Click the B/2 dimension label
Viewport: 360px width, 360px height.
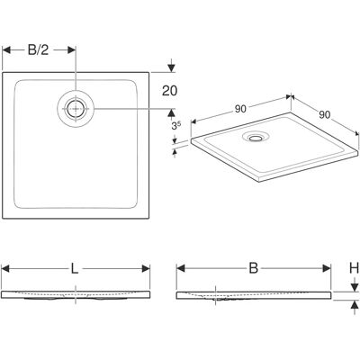click(38, 50)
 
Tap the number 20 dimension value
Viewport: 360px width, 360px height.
click(170, 91)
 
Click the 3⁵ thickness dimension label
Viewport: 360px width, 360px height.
click(176, 125)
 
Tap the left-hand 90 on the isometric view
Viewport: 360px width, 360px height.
click(240, 110)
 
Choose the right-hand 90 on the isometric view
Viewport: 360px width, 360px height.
click(324, 114)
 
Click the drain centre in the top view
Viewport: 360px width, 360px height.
click(76, 109)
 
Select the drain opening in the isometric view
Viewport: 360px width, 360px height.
click(256, 138)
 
